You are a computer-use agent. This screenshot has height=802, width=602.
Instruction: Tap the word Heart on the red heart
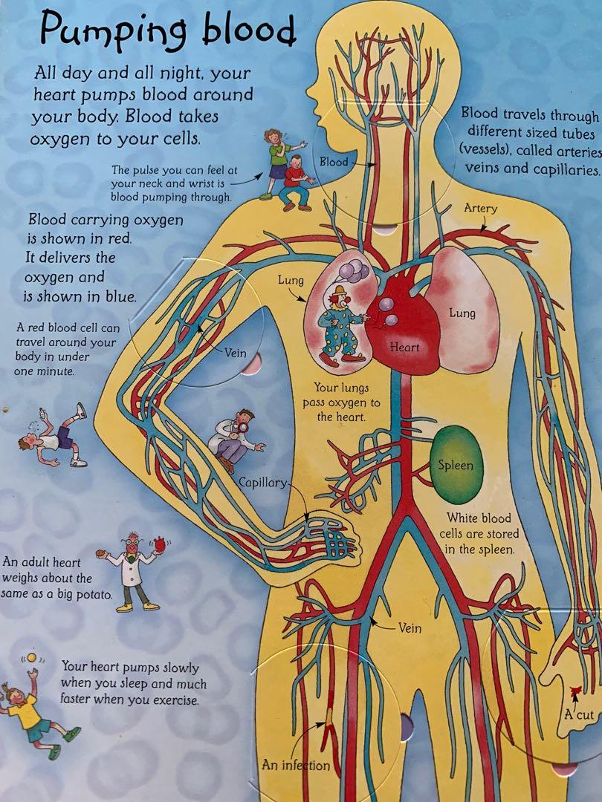coord(404,348)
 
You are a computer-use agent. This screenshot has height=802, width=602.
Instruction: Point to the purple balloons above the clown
coord(353,270)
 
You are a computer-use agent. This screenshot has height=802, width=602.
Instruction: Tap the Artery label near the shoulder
coord(480,209)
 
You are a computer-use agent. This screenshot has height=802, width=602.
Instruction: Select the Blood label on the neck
coord(334,162)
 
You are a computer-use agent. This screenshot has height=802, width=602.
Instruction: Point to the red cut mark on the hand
coord(575,692)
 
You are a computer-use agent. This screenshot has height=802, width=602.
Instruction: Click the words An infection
coord(296,765)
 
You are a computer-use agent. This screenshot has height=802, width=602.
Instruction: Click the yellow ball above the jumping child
coord(32,657)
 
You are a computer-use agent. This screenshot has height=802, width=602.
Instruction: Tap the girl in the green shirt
coord(277,159)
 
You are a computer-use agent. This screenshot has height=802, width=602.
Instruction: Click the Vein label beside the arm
coord(235,353)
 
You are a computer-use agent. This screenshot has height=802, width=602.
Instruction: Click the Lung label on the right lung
coord(462,313)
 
